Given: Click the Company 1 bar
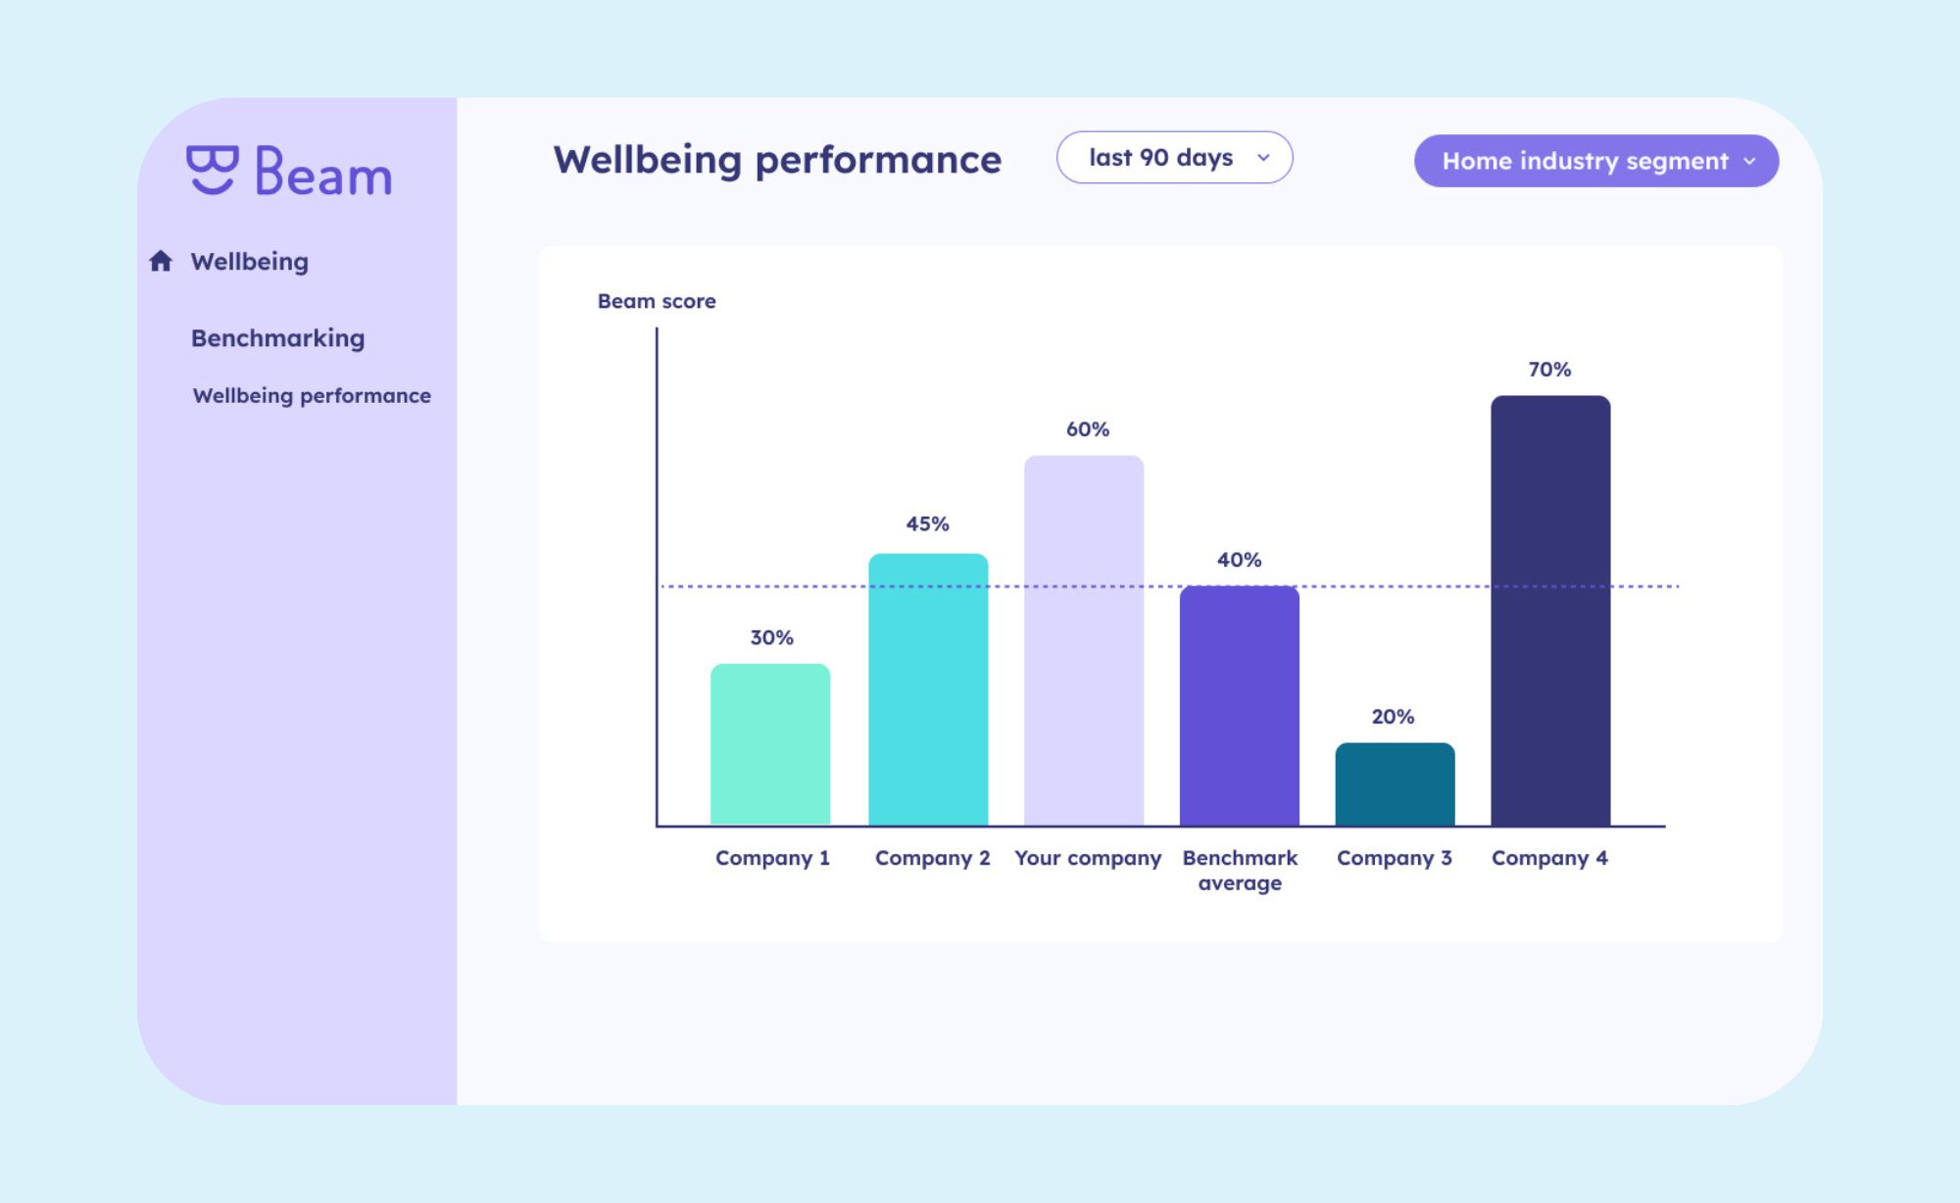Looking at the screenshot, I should coord(770,744).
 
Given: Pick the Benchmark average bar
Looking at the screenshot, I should coord(1240,706).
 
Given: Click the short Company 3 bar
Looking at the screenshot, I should coord(1395,784).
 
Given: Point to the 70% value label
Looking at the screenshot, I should coord(1549,370).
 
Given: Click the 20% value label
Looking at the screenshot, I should coord(1393,717).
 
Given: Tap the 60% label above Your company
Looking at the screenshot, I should coord(1088,429).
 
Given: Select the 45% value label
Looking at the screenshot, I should coord(927,524).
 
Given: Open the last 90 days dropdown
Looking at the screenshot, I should coord(1174,158).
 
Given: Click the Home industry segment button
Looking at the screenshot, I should coord(1595,161).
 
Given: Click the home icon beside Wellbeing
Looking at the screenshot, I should coord(161,261).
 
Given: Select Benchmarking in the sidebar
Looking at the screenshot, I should coord(277,338).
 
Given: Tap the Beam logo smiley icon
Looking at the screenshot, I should coord(212,170).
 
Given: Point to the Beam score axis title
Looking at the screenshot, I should coord(657,301).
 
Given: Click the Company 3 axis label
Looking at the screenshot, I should coord(1394,858).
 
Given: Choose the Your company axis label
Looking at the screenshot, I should coord(1088,858).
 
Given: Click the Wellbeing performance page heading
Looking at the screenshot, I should coord(777,160).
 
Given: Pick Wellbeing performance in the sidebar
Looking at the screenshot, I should coord(312,395).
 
